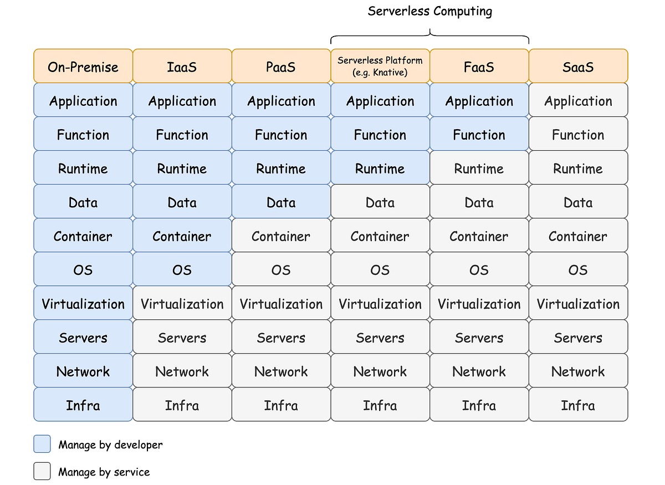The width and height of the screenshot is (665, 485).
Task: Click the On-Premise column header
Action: (83, 67)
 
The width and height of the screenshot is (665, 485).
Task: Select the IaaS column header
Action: (182, 67)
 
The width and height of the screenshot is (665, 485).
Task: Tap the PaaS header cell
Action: (281, 67)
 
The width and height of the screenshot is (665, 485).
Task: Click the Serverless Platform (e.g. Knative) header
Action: (380, 67)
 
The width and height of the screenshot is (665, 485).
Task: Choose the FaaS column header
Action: (479, 67)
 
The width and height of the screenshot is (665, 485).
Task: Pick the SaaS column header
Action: (579, 67)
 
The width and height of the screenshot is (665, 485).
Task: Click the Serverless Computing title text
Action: (430, 11)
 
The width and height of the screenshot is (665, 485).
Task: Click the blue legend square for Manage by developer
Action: (42, 444)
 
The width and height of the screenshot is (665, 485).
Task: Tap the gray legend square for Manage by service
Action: (42, 472)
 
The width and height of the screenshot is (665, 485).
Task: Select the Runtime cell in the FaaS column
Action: (479, 168)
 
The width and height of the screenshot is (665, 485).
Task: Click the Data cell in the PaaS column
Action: (281, 202)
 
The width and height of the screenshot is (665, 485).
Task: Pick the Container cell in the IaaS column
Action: (182, 236)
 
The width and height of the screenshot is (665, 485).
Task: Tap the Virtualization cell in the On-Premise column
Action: (83, 303)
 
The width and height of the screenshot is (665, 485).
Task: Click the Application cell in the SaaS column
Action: (579, 100)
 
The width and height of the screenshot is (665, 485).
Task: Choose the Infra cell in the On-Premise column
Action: (83, 405)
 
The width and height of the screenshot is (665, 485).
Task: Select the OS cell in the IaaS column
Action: (182, 269)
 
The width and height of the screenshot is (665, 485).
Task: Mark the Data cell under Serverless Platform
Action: (380, 202)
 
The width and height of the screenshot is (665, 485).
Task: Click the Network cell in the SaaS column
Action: (579, 371)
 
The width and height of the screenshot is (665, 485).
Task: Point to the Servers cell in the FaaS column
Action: (479, 337)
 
